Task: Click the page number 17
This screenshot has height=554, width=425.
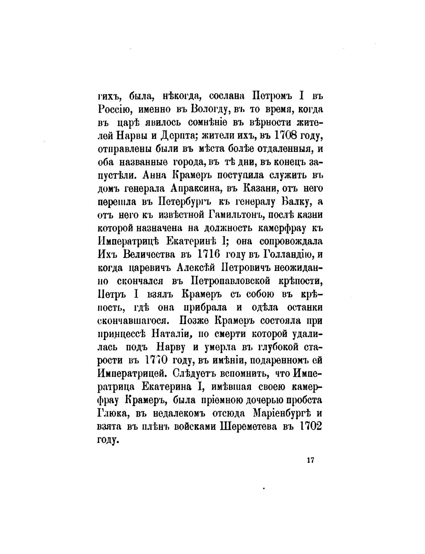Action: pos(311,460)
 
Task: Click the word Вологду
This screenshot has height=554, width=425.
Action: pos(208,110)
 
